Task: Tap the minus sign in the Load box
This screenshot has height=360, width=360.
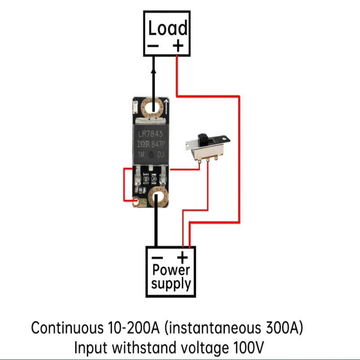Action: pos(153,45)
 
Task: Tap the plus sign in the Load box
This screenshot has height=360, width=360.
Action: pos(178,45)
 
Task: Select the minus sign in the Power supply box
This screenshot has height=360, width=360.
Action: pos(157,257)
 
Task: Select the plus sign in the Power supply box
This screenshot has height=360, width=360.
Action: pos(182,257)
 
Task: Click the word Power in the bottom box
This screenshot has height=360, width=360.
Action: pos(171,271)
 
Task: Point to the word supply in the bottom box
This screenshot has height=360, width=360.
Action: pos(171,284)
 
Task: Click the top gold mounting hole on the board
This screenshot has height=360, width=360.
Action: pos(153,108)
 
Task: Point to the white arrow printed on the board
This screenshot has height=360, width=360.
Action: pos(166,107)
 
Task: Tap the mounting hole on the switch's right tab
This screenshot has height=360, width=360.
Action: pos(226,140)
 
